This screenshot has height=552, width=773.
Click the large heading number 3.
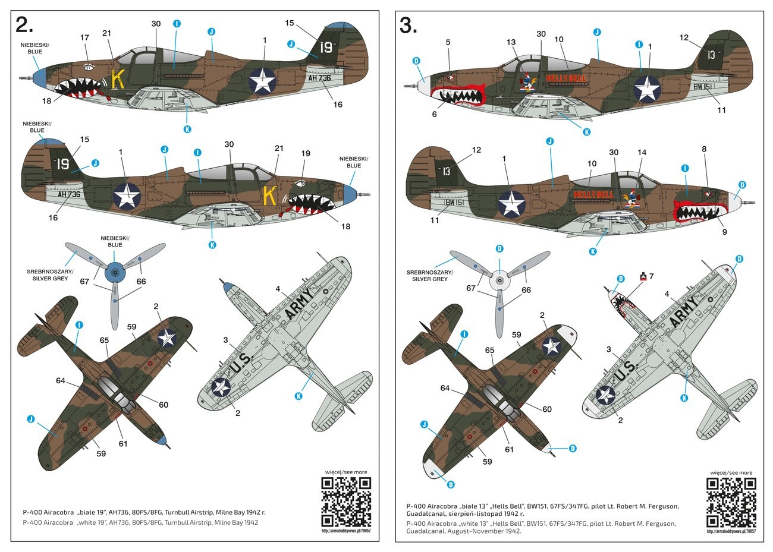tap(408, 25)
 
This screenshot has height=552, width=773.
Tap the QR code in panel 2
tap(346, 501)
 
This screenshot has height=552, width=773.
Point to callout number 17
tap(84, 37)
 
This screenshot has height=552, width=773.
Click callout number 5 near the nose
tap(448, 42)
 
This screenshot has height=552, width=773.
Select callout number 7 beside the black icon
tap(652, 276)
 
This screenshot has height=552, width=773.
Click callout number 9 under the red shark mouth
tap(724, 232)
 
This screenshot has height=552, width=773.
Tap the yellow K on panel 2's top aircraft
tap(118, 79)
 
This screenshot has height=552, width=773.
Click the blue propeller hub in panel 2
tap(115, 273)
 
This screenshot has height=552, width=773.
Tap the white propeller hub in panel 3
tap(499, 279)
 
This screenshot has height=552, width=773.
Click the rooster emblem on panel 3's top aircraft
tap(526, 83)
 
